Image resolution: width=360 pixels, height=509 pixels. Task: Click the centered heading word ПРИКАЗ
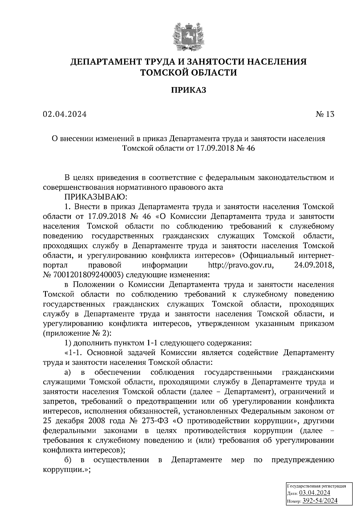click(x=188, y=90)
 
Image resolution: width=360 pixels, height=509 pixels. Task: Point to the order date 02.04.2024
click(x=65, y=114)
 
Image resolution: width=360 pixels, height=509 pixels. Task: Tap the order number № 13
click(x=325, y=114)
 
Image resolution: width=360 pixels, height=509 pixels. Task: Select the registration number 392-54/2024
click(x=319, y=501)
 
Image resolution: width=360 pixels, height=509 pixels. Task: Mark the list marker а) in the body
click(x=67, y=373)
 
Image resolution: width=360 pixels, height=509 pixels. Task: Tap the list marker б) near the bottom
click(x=67, y=460)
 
